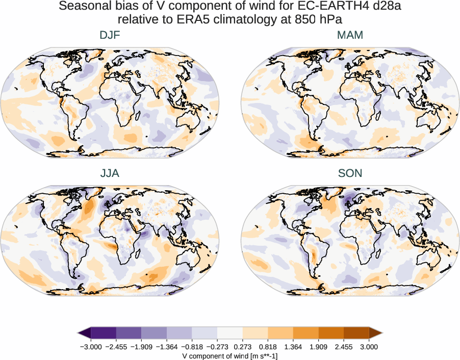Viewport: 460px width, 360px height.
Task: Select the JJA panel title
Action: point(110,173)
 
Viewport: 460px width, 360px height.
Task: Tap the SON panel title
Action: point(350,173)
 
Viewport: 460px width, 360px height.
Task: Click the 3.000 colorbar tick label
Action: point(369,347)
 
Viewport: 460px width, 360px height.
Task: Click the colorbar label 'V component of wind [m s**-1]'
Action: point(230,355)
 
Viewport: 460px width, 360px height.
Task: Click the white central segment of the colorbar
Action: point(230,333)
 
